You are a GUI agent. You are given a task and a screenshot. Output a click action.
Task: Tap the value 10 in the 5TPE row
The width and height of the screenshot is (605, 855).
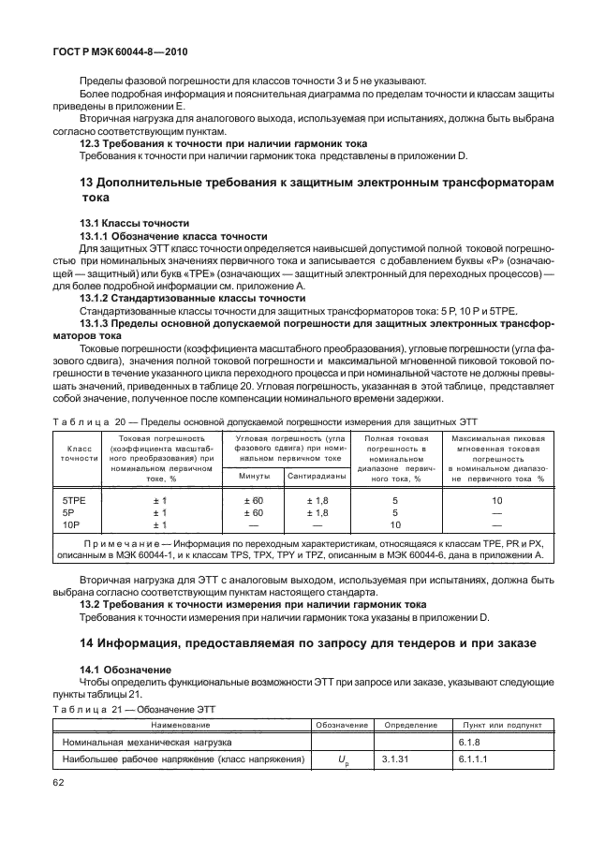click(497, 501)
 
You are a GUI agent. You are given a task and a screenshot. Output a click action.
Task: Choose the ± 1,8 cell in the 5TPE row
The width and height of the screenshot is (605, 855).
click(317, 501)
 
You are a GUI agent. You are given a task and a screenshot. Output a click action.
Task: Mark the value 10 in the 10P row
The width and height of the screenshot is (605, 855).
click(395, 525)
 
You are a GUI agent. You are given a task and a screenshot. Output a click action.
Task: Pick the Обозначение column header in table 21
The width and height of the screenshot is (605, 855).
click(341, 725)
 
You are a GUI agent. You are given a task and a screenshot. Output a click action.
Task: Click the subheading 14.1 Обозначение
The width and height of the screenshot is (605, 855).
click(125, 670)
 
